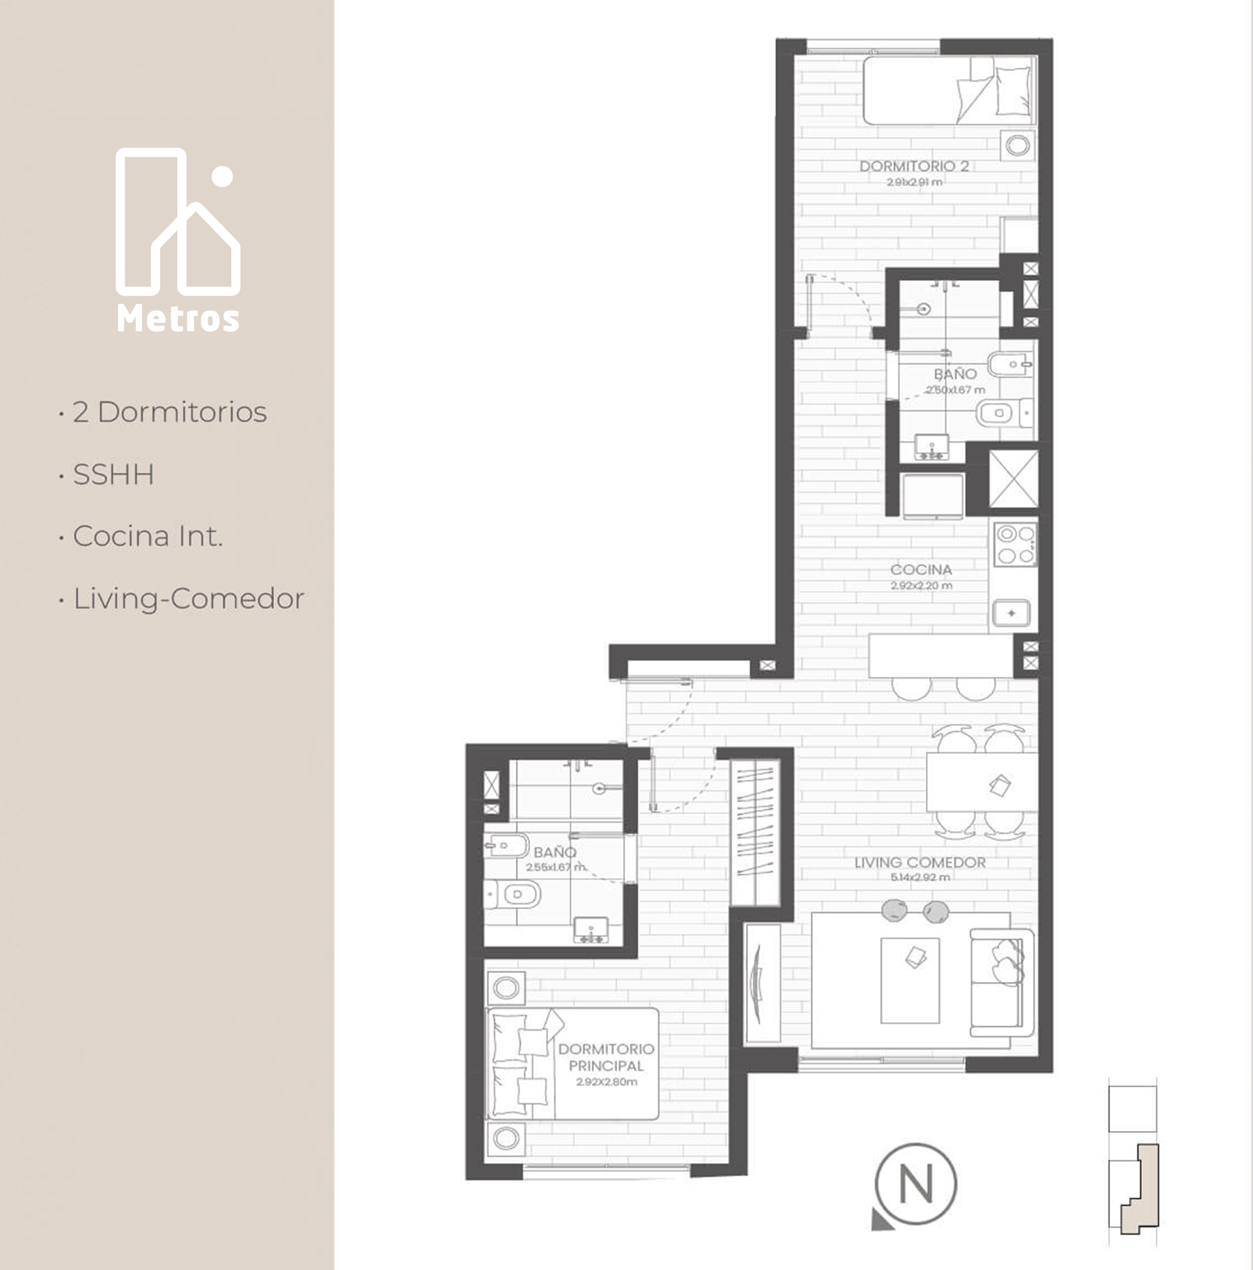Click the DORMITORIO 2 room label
point(914,166)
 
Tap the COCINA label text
point(921,569)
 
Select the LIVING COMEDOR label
point(920,863)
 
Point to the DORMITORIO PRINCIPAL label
point(606,1057)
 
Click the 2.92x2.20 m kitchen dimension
point(921,585)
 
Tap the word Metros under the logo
point(178,319)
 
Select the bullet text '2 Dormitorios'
point(170,412)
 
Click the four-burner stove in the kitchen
point(1015,545)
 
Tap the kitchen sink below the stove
point(1011,613)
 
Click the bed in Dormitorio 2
point(949,90)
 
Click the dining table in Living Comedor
point(982,782)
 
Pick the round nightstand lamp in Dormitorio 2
point(1018,145)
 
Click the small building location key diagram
point(1133,1161)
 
